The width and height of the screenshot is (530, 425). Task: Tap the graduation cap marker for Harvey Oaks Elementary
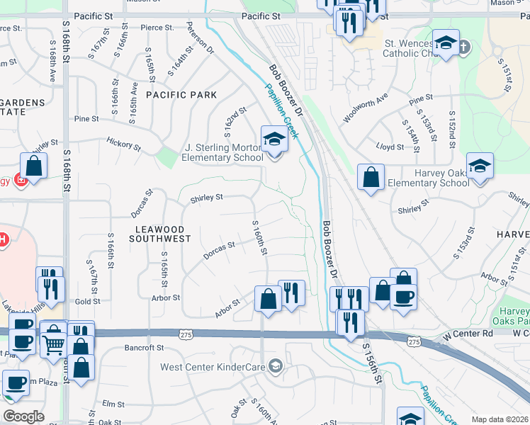point(480,166)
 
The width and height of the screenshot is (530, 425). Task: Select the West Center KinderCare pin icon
point(276,366)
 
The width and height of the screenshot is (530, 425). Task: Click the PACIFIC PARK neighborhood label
point(176,94)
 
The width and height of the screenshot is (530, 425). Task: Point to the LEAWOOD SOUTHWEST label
point(160,234)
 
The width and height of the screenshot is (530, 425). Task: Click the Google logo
point(24,416)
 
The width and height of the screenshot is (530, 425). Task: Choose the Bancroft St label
point(144,348)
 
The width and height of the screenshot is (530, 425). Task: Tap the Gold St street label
point(87,302)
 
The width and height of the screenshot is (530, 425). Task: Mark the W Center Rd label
point(466,333)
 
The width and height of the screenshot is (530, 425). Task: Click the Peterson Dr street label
point(201,42)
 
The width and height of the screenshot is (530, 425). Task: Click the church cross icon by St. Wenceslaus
point(463,47)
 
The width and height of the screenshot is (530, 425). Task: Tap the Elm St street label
point(113,404)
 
